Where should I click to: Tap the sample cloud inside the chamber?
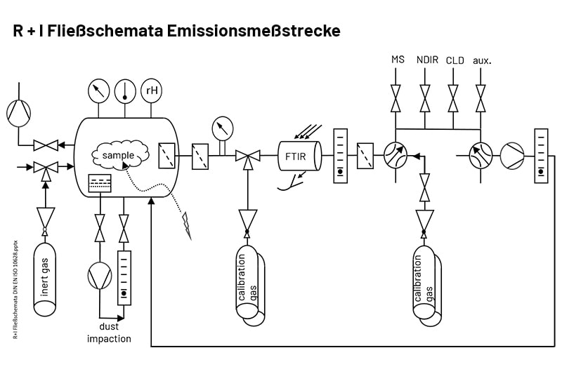(118, 154)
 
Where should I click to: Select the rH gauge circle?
(151, 91)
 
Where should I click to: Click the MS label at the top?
(398, 60)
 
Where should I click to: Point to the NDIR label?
(426, 60)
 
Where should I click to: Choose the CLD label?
(455, 60)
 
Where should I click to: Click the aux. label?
(482, 60)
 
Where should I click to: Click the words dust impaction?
(109, 333)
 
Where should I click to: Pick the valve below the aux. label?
(481, 98)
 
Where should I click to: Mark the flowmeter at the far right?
(540, 154)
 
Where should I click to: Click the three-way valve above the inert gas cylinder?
(45, 168)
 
